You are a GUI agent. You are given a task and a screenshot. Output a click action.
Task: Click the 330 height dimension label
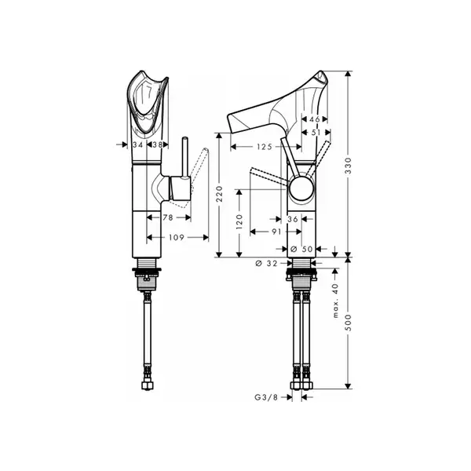348,166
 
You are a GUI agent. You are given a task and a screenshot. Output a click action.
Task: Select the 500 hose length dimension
348,323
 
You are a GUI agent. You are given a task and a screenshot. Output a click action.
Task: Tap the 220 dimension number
220,194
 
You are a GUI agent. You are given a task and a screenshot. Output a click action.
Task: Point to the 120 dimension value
239,221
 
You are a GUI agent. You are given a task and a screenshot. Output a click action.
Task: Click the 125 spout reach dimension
265,147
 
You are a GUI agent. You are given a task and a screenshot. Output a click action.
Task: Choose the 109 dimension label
177,238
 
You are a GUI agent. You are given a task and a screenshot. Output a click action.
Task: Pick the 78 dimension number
168,217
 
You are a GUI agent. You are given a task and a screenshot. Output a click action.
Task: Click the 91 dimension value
276,232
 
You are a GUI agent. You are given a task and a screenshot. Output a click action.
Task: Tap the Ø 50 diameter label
302,249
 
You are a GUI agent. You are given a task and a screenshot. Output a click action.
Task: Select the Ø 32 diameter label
266,264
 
